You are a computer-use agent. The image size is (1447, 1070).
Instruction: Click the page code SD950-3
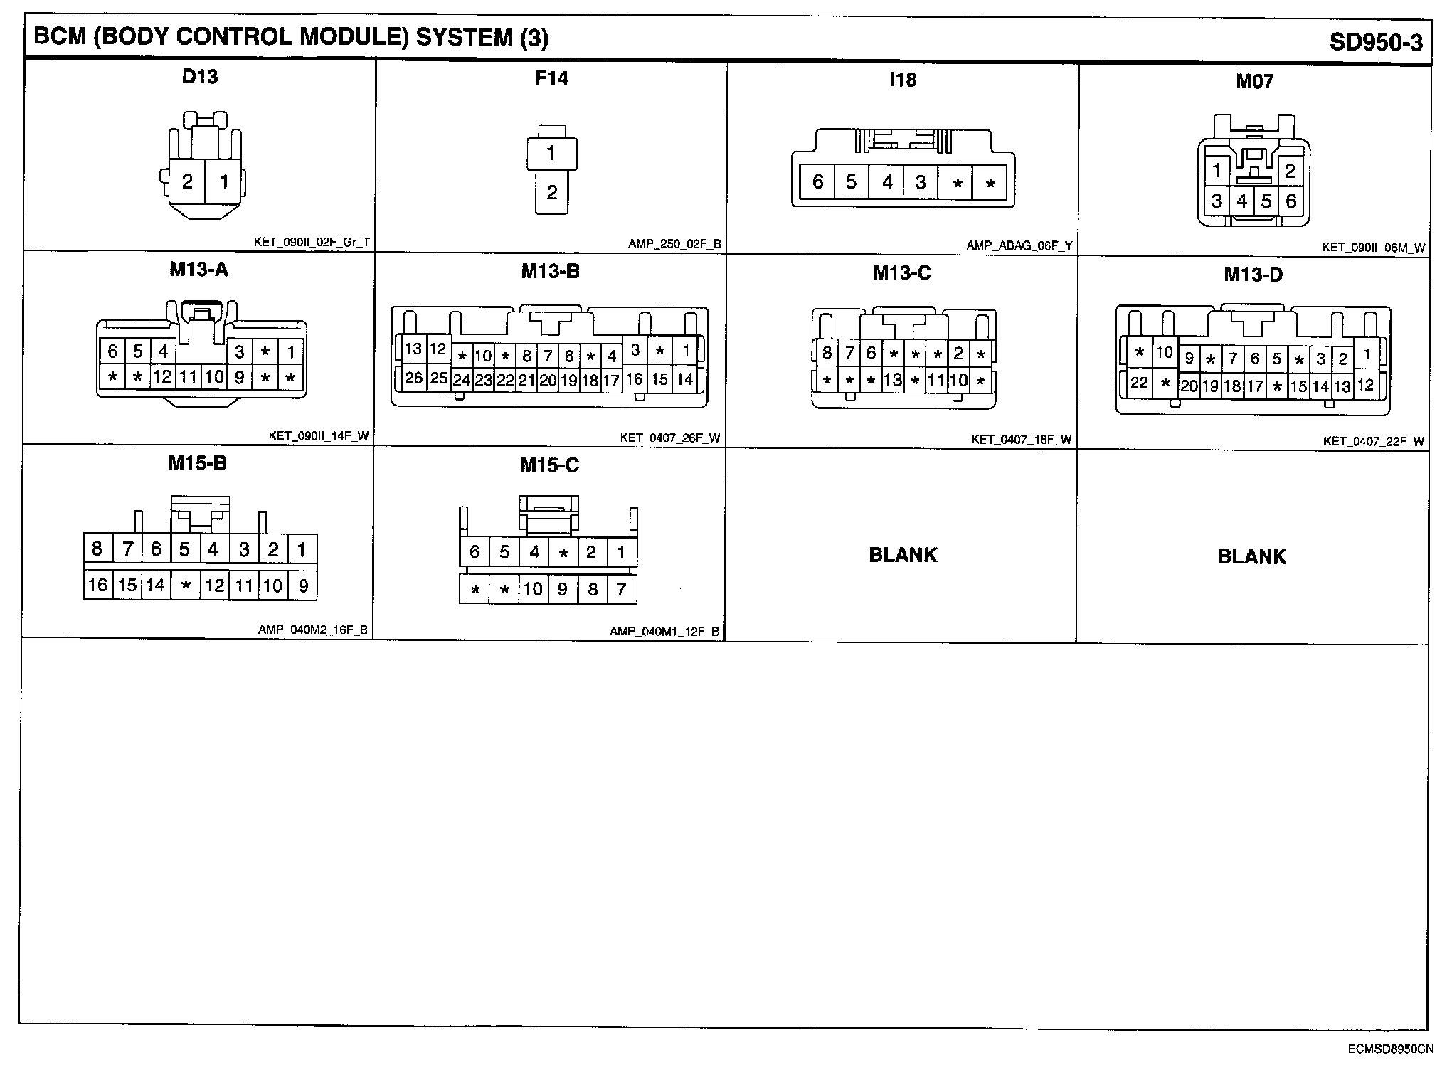coord(1376,43)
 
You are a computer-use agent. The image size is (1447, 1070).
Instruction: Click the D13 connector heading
coord(200,76)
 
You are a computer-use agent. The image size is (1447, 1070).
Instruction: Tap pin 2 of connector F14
coord(551,192)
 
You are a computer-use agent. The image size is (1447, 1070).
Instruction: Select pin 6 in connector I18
coord(817,182)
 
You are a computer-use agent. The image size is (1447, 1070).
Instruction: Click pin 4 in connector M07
coord(1242,201)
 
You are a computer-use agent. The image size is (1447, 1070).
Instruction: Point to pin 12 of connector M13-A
coord(162,376)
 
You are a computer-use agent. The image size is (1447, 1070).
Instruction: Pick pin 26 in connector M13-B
coord(413,378)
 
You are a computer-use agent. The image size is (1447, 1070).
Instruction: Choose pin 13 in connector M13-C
coord(893,380)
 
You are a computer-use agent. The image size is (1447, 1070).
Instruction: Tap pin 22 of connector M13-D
coord(1139,383)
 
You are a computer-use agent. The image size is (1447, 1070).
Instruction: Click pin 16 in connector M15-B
coord(97,585)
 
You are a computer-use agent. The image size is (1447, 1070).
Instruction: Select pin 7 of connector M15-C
coord(621,589)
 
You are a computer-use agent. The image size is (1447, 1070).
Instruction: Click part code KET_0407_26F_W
coord(670,438)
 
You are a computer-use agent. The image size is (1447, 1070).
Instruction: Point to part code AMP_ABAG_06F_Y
coord(1019,246)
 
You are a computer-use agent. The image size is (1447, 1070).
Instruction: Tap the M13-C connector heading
coord(902,273)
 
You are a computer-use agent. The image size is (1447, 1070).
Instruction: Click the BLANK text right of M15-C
coord(903,555)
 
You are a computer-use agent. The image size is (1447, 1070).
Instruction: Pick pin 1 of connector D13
coord(224,182)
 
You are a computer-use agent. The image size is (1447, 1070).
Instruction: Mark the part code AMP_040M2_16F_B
coord(313,630)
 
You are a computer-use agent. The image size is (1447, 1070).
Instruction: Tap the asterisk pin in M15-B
coord(185,586)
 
